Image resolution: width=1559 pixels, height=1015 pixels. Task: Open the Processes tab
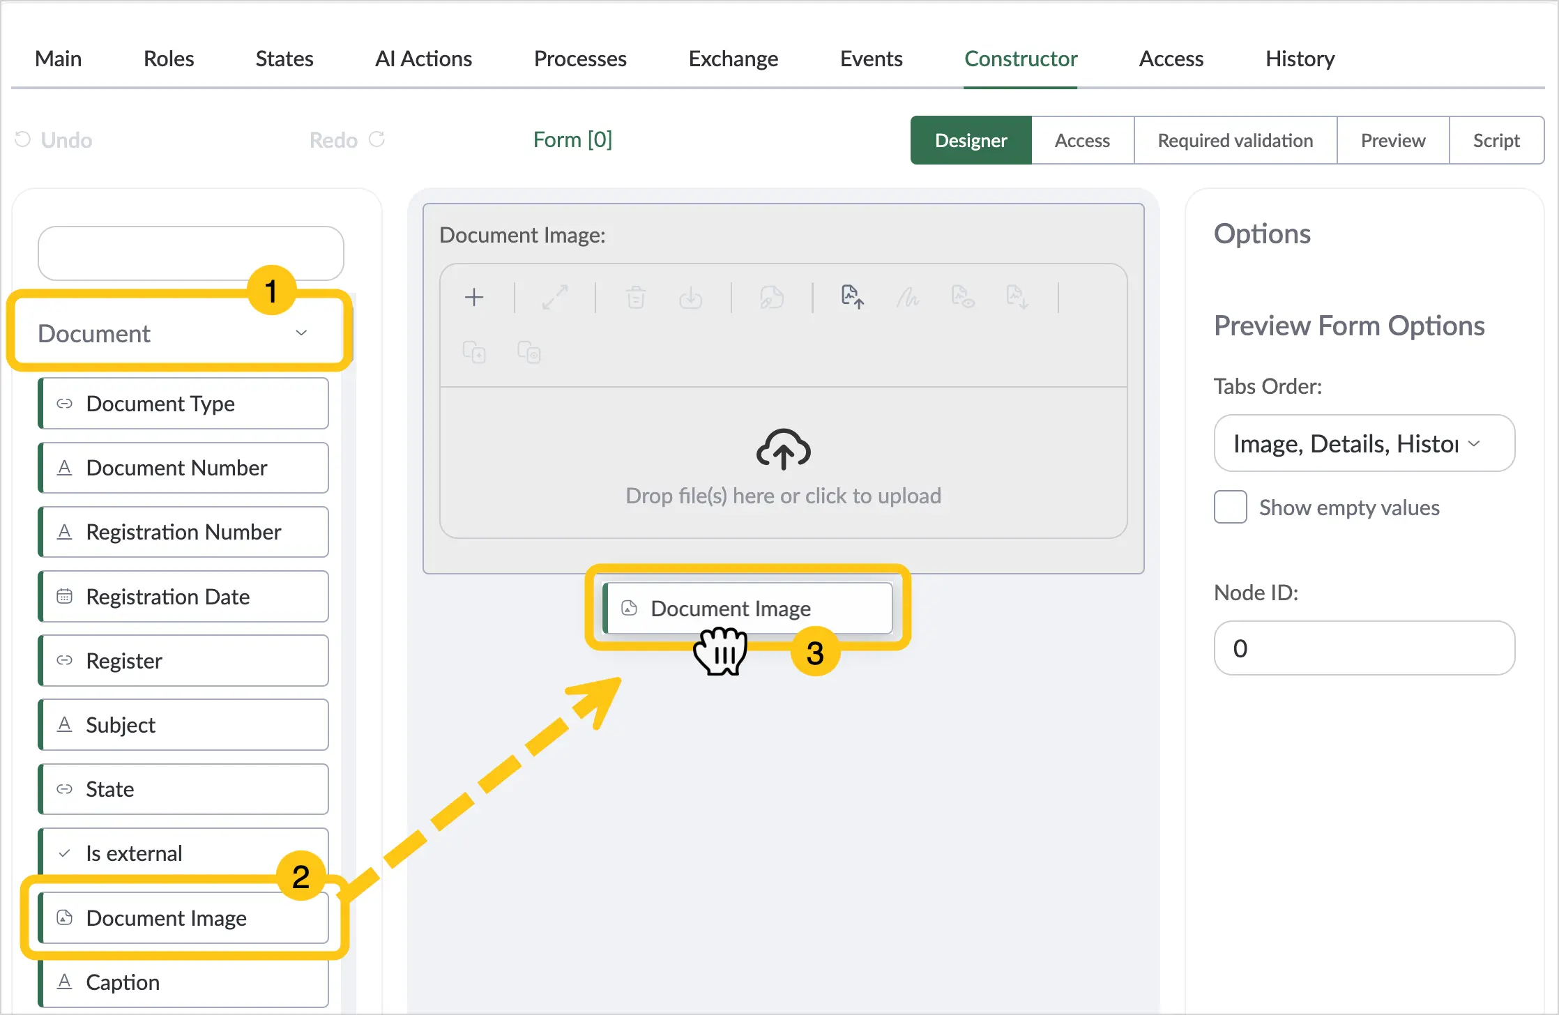pyautogui.click(x=580, y=59)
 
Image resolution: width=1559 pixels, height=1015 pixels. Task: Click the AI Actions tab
pyautogui.click(x=423, y=59)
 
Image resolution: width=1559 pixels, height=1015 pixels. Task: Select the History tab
pyautogui.click(x=1300, y=59)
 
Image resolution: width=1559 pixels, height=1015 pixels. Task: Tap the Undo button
pyautogui.click(x=54, y=140)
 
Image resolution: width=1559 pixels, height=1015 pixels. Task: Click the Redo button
pyautogui.click(x=347, y=140)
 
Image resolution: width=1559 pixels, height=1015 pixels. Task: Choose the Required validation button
pyautogui.click(x=1235, y=140)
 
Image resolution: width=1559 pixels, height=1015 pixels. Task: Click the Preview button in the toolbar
pyautogui.click(x=1392, y=140)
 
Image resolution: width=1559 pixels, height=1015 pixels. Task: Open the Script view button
pyautogui.click(x=1496, y=140)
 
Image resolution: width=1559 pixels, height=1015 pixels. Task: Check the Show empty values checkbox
pyautogui.click(x=1231, y=507)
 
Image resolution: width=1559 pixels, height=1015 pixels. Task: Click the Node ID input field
pyautogui.click(x=1364, y=648)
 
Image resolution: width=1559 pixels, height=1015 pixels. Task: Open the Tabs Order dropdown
pyautogui.click(x=1364, y=443)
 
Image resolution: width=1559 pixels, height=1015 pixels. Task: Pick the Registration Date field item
pyautogui.click(x=183, y=597)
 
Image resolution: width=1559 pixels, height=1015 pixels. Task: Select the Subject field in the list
pyautogui.click(x=183, y=725)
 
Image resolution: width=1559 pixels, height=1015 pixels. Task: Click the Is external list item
pyautogui.click(x=183, y=853)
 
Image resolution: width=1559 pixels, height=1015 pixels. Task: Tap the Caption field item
pyautogui.click(x=183, y=982)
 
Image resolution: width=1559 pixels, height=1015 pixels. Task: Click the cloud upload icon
pyautogui.click(x=783, y=450)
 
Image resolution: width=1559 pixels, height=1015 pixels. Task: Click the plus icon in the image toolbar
pyautogui.click(x=474, y=298)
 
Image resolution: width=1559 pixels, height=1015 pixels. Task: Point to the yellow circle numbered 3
pyautogui.click(x=815, y=652)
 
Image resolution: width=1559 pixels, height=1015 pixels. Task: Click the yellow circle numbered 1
pyautogui.click(x=271, y=290)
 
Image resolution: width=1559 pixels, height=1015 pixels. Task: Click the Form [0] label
pyautogui.click(x=572, y=139)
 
